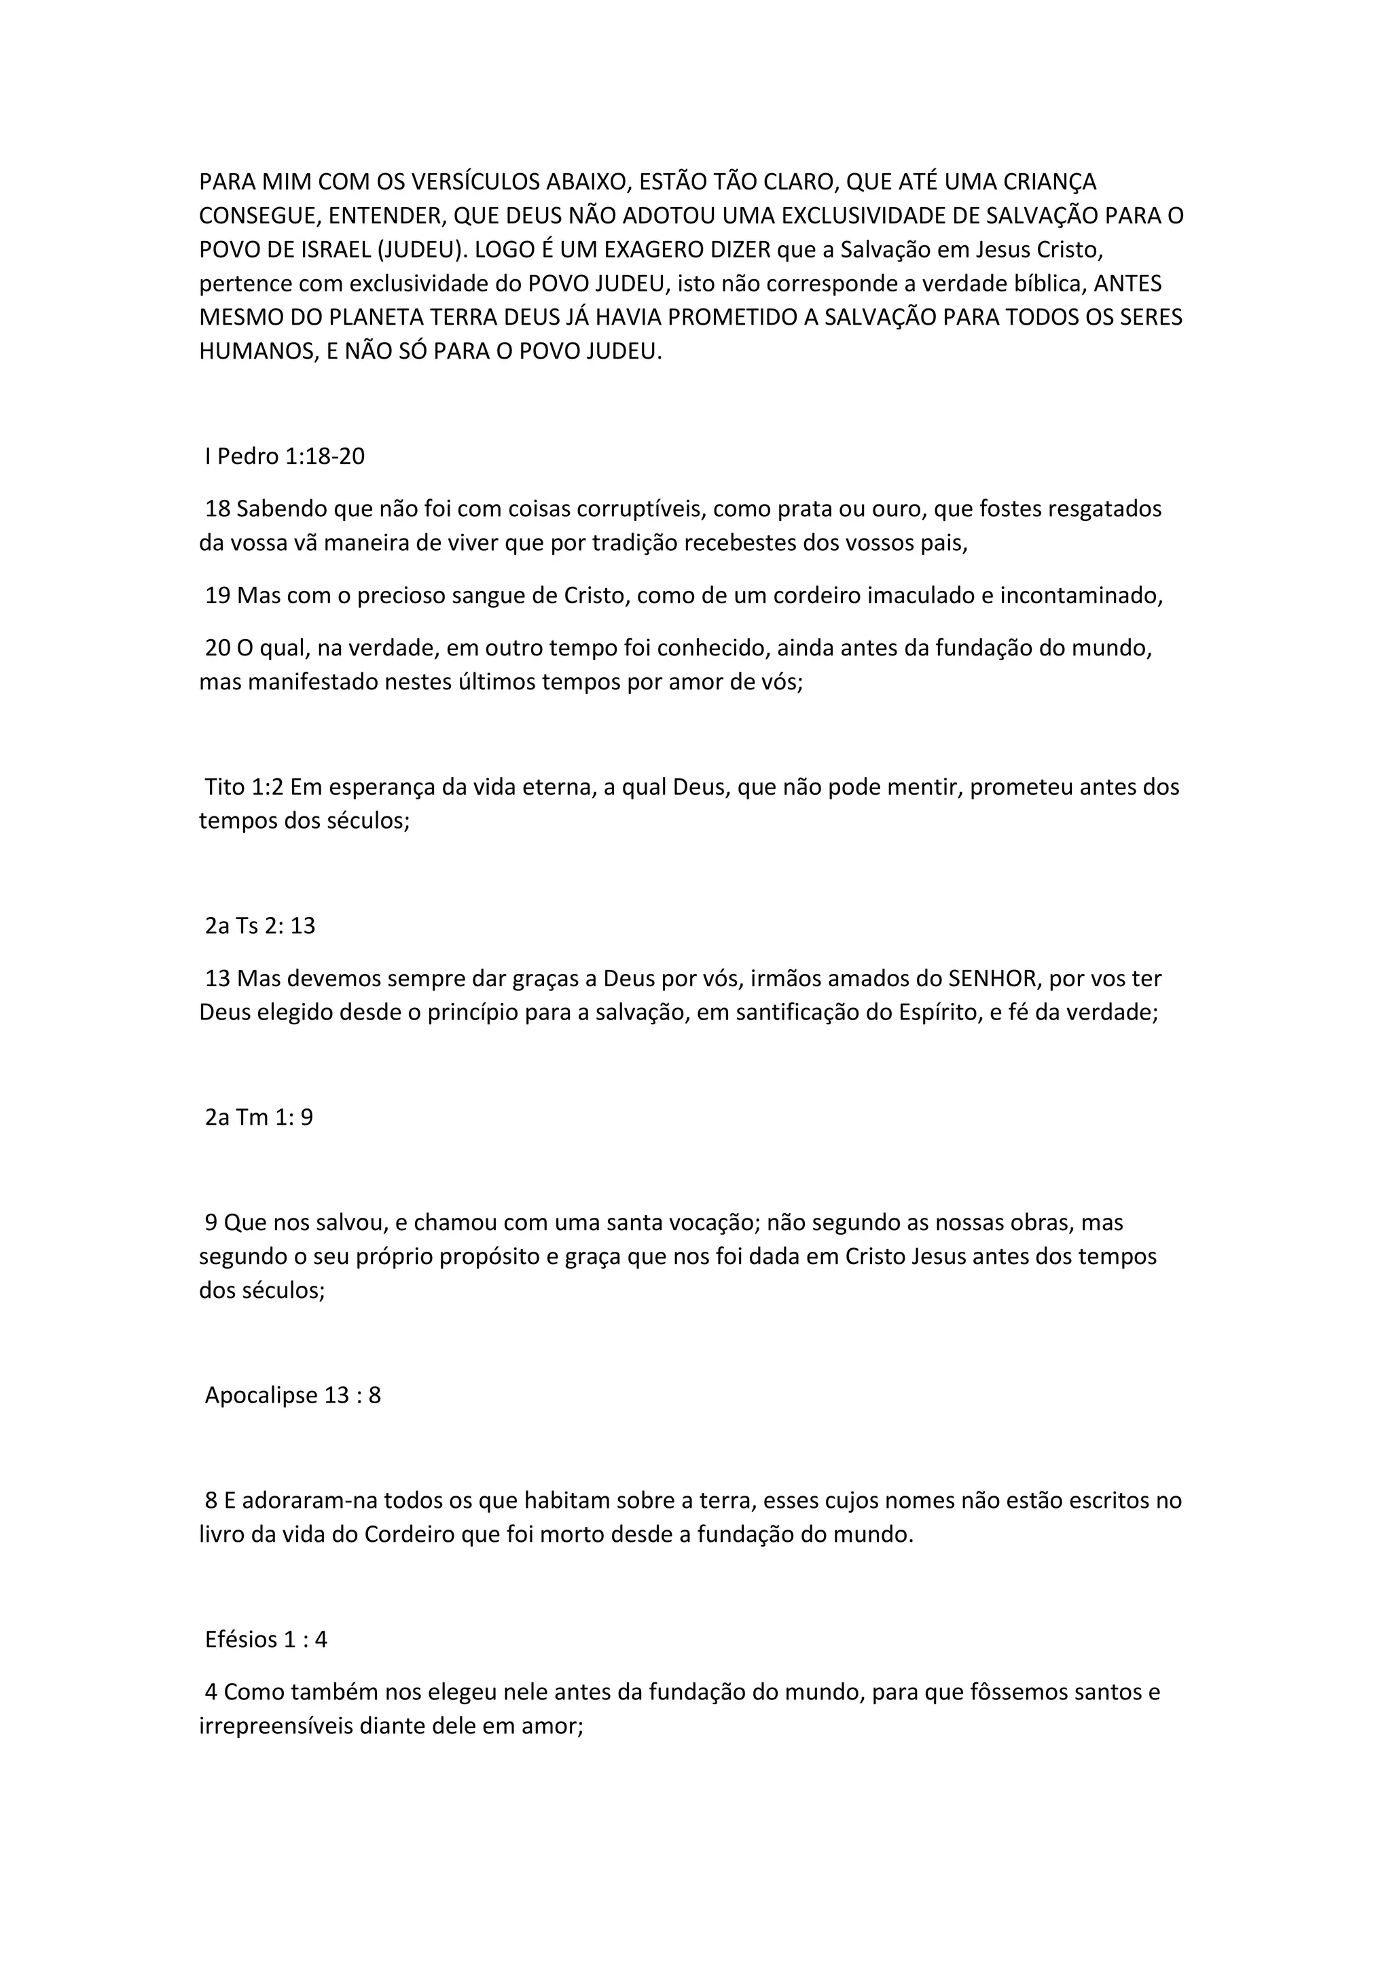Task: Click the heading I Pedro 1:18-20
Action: (x=285, y=456)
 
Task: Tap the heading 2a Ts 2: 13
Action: (x=260, y=925)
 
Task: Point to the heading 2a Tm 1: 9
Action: (x=259, y=1117)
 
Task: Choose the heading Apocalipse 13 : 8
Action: (x=293, y=1394)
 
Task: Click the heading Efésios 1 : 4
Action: (x=266, y=1639)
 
